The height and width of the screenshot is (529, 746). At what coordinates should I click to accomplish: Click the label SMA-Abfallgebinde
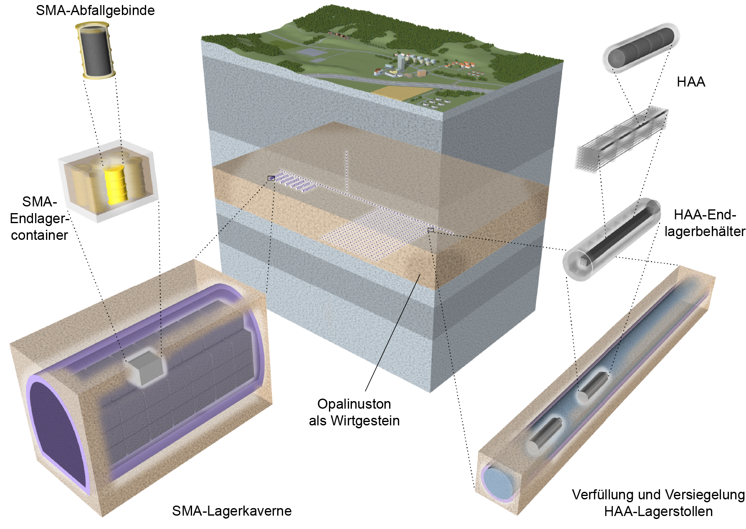point(95,10)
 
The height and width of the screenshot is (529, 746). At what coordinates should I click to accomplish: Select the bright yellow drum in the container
point(115,184)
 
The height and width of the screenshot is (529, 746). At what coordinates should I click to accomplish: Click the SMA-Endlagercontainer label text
point(39,218)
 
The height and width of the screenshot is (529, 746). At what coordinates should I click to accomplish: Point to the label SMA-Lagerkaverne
point(232,511)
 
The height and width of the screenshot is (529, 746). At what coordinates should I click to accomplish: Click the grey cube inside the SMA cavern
point(146,368)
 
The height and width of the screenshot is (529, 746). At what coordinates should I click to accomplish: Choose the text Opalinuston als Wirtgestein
point(354,412)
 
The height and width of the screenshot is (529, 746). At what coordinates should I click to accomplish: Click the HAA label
point(691,82)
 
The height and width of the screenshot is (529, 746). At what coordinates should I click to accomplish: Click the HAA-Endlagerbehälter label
point(705,223)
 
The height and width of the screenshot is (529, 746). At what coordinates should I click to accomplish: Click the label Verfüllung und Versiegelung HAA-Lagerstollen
point(658,503)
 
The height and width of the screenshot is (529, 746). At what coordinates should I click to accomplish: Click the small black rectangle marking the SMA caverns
point(271,178)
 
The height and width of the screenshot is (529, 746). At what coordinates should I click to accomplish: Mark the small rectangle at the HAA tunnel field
point(430,230)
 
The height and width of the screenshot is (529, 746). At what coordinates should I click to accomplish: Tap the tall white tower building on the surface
point(400,63)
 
